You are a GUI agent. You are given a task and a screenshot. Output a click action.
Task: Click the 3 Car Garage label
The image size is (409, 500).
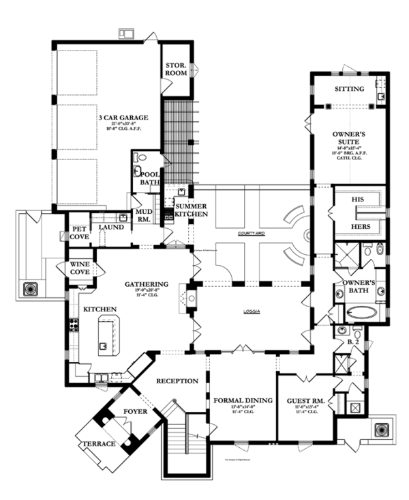tap(122, 117)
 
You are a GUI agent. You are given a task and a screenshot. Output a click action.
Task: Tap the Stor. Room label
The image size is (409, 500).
tap(176, 69)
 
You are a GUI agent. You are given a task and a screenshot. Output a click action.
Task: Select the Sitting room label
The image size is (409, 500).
tap(348, 89)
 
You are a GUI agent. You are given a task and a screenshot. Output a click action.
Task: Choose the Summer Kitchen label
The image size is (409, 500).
tap(192, 210)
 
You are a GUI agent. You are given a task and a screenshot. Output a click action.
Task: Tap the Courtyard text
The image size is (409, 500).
tap(252, 234)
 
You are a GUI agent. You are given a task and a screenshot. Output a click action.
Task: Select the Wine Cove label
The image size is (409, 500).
tap(80, 268)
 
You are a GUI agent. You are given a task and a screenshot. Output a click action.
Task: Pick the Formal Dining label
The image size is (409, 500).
tap(243, 401)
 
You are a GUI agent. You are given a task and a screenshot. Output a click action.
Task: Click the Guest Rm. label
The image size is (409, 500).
tap(304, 401)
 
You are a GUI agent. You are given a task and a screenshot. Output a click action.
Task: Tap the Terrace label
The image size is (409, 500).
tap(97, 445)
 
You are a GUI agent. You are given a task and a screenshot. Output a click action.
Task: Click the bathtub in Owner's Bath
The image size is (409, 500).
tap(361, 313)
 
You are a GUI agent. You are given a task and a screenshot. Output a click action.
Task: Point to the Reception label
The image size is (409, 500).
tap(177, 380)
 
